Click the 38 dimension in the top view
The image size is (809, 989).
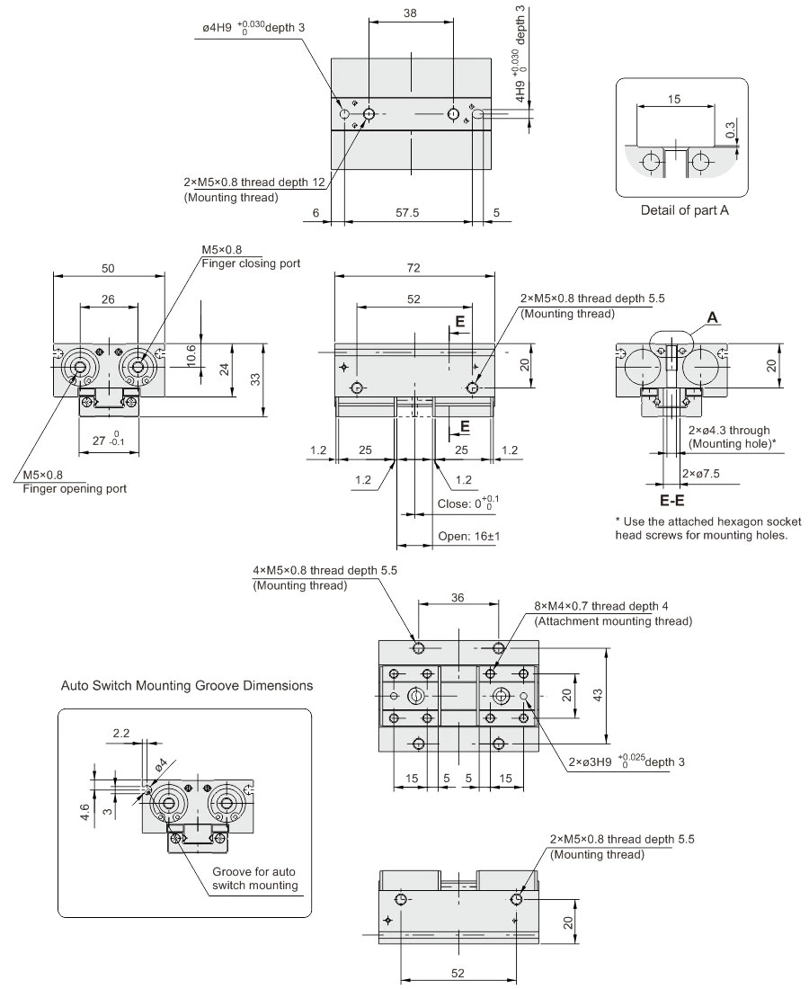pyautogui.click(x=410, y=13)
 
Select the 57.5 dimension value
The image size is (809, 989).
pyautogui.click(x=408, y=212)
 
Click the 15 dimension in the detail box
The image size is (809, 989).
pyautogui.click(x=674, y=99)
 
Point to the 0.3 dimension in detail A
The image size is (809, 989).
pyautogui.click(x=730, y=130)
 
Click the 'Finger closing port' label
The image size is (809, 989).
pyautogui.click(x=251, y=263)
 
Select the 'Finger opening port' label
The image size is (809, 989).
pyautogui.click(x=75, y=489)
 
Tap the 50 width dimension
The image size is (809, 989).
pyautogui.click(x=108, y=268)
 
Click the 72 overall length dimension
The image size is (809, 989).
pyautogui.click(x=413, y=268)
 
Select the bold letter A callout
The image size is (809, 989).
pyautogui.click(x=713, y=317)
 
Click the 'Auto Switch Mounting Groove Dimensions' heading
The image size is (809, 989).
pyautogui.click(x=187, y=685)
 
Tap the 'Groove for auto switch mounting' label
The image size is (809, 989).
pyautogui.click(x=254, y=879)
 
